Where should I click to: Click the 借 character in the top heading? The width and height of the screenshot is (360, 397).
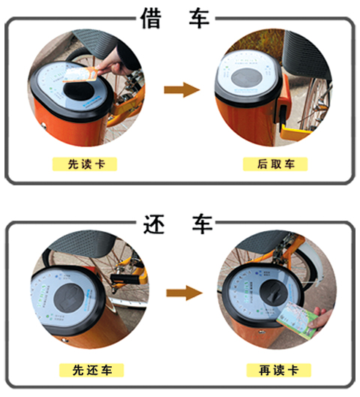click(151, 18)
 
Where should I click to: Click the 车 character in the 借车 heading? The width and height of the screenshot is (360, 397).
click(199, 18)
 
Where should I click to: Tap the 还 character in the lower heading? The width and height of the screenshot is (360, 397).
click(154, 224)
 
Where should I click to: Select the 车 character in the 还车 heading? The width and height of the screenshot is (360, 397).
click(202, 224)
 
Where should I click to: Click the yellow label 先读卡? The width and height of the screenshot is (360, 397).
click(85, 164)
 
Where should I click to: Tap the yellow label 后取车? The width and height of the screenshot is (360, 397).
click(275, 164)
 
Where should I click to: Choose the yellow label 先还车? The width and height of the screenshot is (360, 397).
click(91, 370)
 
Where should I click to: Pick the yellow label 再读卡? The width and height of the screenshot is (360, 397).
click(279, 370)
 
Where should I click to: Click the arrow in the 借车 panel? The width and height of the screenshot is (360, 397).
click(181, 89)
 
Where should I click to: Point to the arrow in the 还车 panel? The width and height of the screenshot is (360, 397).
click(184, 293)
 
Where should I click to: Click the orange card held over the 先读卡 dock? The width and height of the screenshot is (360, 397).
click(81, 75)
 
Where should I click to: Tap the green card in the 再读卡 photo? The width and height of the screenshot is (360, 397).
click(298, 320)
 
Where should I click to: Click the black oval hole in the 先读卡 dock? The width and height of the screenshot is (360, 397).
click(79, 91)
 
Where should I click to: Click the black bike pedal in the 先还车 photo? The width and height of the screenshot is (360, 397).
click(125, 279)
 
